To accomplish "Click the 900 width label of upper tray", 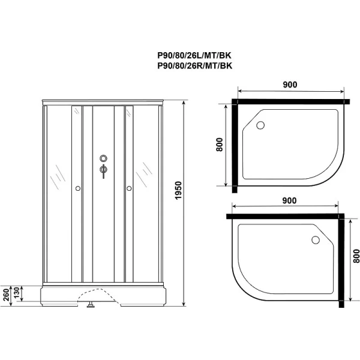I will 290,84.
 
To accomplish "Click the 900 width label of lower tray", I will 290,203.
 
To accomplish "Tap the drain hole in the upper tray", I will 260,125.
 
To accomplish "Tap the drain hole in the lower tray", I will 315,241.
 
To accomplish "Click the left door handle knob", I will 77,189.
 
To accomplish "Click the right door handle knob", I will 128,189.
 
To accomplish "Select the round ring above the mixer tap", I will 103,159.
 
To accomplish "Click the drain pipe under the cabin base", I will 90,305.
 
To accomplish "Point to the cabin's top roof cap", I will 103,101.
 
